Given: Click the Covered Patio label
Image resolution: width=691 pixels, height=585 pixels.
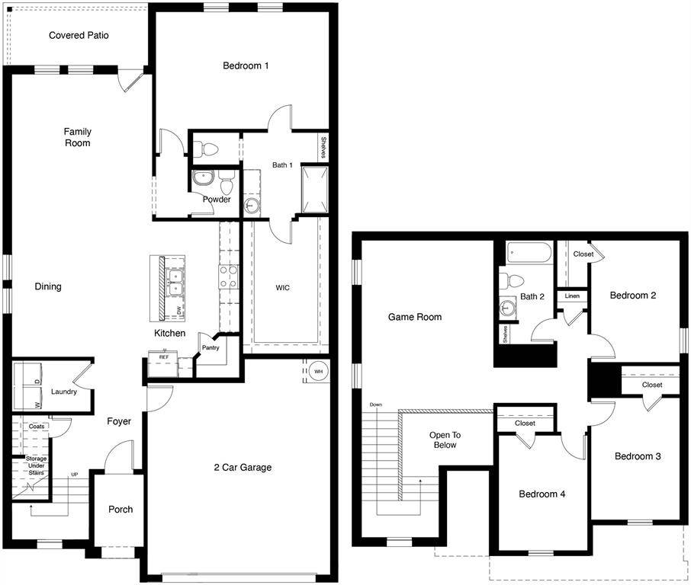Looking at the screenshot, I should click(x=79, y=35).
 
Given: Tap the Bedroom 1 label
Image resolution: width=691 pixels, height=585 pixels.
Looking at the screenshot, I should click(x=246, y=66).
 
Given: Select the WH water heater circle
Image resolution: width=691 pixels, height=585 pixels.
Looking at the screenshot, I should click(x=317, y=371).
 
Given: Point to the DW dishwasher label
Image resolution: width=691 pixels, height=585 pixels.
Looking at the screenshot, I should click(x=179, y=311).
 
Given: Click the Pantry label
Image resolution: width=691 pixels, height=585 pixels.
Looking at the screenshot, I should click(x=210, y=348).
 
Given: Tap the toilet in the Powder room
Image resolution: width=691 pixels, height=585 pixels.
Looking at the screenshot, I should click(x=226, y=184).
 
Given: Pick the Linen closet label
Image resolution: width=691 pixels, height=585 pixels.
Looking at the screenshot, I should click(x=572, y=296).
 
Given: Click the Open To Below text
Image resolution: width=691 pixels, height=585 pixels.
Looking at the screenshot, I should click(x=445, y=440).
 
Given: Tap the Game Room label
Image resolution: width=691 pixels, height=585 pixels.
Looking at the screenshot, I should click(x=415, y=317).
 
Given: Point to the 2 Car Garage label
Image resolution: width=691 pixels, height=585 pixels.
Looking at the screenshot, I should click(x=243, y=467).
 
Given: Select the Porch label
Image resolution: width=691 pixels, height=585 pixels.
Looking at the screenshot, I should click(x=121, y=510).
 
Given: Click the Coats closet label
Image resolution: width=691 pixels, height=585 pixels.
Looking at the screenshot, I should click(x=37, y=427).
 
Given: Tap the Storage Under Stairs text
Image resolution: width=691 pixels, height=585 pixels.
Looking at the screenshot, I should click(x=36, y=465).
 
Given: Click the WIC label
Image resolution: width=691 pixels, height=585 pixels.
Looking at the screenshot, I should click(x=283, y=287).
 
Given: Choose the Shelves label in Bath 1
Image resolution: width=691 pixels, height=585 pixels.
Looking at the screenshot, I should click(x=323, y=147).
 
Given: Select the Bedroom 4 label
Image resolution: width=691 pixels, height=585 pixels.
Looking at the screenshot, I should click(x=542, y=494).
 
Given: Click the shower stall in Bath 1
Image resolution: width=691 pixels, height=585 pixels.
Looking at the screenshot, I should click(x=315, y=189).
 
